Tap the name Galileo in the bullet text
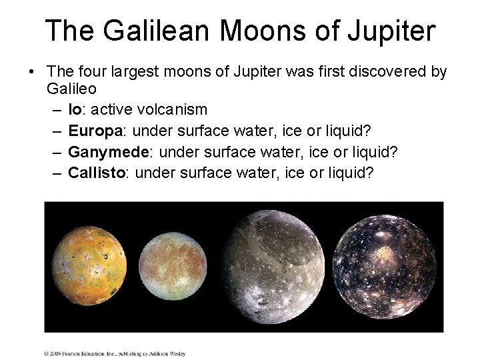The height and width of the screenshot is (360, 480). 71,87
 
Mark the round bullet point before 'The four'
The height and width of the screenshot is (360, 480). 32,72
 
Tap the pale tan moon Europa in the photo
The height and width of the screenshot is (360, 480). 175,265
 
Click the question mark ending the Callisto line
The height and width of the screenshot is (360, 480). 370,174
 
